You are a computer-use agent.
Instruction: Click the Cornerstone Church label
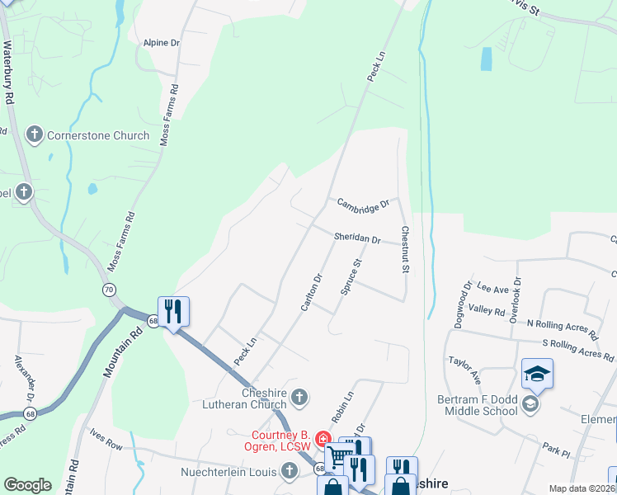coord(98,135)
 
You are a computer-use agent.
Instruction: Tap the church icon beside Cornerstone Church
coord(35,134)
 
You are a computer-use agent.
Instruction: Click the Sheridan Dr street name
coord(357,238)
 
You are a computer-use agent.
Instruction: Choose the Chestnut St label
coord(405,249)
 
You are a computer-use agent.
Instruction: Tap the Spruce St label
coord(351,277)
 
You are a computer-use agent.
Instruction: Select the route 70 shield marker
coord(109,290)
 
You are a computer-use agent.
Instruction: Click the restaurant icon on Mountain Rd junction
coord(173,312)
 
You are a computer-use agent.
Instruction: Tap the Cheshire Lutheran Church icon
coord(300,398)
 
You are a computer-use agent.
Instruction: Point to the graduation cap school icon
coord(537,375)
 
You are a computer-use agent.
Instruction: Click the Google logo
coord(27,485)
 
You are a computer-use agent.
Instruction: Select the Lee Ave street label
coord(493,290)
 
